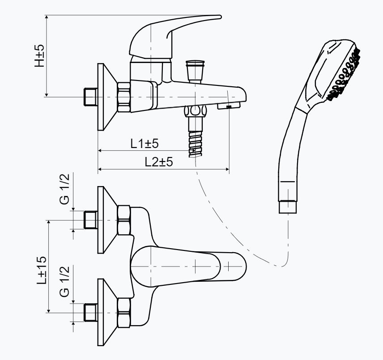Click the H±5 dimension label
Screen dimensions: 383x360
(x=39, y=55)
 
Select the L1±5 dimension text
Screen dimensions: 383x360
(x=145, y=143)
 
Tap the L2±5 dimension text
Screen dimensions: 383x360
(x=159, y=161)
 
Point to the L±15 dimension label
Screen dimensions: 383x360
(x=42, y=271)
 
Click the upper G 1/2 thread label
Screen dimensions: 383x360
(x=65, y=189)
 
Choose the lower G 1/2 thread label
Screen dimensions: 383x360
(x=65, y=281)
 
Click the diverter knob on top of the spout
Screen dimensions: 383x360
(x=195, y=71)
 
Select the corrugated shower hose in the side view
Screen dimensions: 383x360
(x=196, y=144)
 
